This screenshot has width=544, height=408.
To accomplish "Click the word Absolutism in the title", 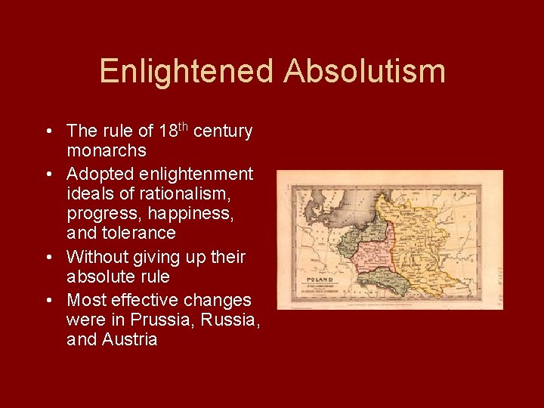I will (x=365, y=72).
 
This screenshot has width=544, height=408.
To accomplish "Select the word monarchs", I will (x=106, y=151).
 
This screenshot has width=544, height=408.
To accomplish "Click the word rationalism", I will (x=196, y=194).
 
